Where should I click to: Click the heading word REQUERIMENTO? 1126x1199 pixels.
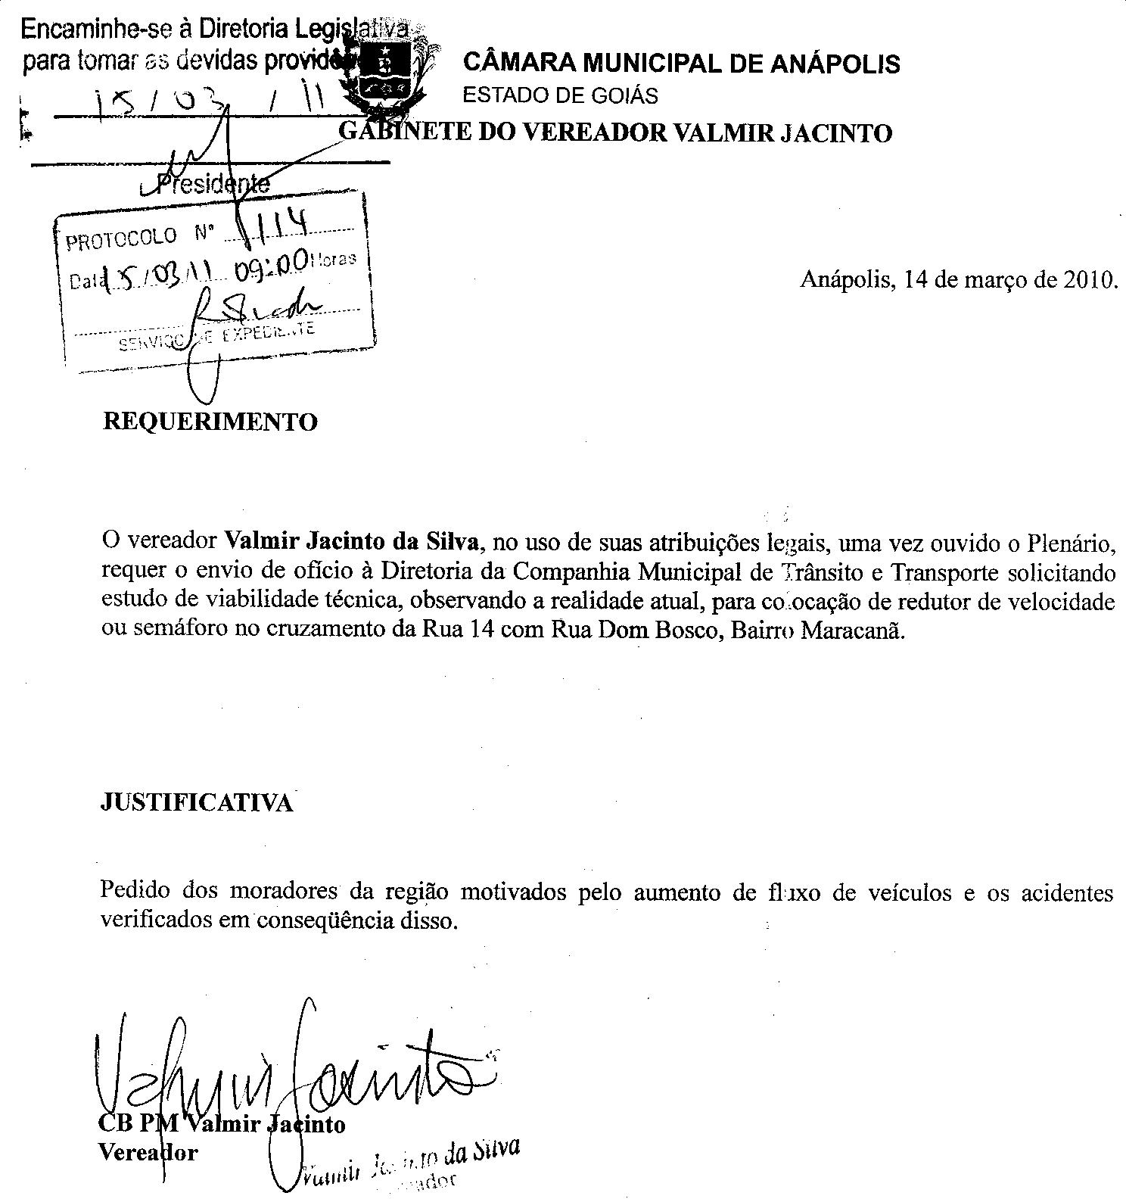click(210, 422)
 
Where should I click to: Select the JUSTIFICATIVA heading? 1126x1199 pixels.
click(196, 802)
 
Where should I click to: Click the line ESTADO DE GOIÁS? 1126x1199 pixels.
click(560, 96)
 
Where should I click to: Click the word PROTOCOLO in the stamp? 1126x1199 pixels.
click(121, 239)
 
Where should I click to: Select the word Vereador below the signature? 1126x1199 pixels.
click(148, 1153)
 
